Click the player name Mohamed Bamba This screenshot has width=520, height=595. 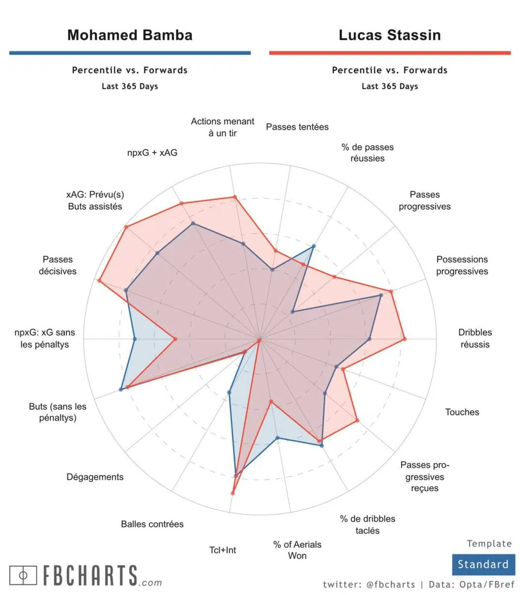click(x=130, y=35)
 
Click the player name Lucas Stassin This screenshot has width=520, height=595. click(x=390, y=35)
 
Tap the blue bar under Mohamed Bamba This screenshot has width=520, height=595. click(x=130, y=53)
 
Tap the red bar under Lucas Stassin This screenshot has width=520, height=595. click(x=390, y=53)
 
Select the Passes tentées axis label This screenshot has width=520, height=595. click(x=297, y=127)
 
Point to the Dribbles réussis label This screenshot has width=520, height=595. click(x=475, y=338)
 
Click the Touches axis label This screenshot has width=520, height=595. click(x=462, y=412)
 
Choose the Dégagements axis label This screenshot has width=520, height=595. click(x=95, y=477)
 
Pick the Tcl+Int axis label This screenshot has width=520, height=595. click(x=222, y=550)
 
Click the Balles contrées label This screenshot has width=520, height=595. click(x=152, y=524)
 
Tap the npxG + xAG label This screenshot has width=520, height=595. click(x=152, y=153)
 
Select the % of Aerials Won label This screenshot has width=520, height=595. click(x=297, y=550)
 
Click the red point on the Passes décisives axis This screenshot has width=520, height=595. click(x=100, y=281)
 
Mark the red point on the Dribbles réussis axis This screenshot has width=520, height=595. click(x=405, y=339)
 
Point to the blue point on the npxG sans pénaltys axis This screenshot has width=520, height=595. click(x=135, y=339)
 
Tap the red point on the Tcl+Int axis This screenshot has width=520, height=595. click(x=233, y=493)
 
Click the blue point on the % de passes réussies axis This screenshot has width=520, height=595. click(x=313, y=246)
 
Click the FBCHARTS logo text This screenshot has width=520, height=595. click(x=90, y=575)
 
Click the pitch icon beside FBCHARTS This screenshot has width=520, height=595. click(x=23, y=575)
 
